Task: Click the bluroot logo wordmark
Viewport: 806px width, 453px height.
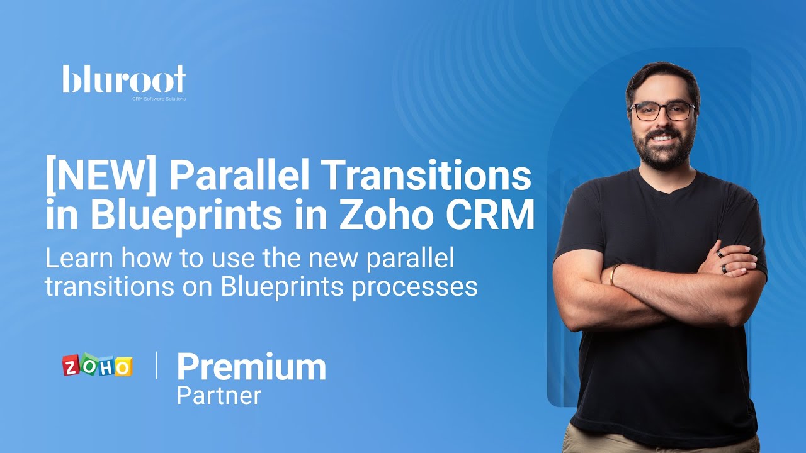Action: pyautogui.click(x=124, y=80)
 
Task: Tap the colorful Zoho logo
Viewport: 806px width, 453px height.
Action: pyautogui.click(x=97, y=366)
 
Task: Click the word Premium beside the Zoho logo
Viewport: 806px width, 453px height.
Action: pyautogui.click(x=251, y=367)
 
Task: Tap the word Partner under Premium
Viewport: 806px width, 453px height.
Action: pyautogui.click(x=219, y=396)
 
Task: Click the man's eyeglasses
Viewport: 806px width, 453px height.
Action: pyautogui.click(x=662, y=111)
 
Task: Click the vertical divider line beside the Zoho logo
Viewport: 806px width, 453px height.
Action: pyautogui.click(x=156, y=366)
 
